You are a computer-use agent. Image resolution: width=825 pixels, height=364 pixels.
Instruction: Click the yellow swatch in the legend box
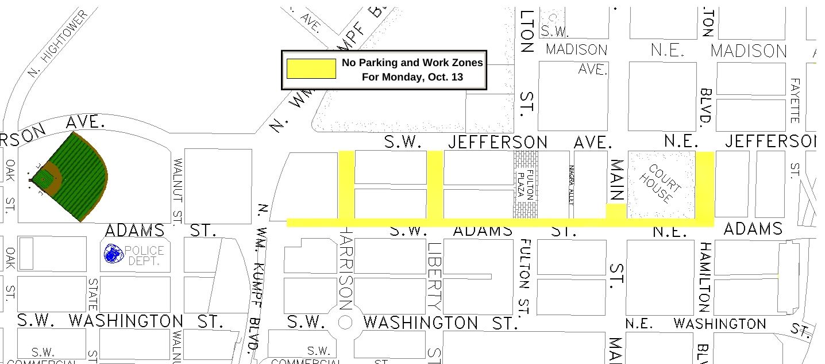pos(311,68)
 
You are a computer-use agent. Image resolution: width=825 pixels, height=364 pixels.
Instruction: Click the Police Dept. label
pos(144,255)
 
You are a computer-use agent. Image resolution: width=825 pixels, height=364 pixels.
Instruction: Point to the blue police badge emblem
pos(113,254)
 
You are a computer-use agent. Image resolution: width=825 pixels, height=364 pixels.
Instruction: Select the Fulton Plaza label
pos(525,184)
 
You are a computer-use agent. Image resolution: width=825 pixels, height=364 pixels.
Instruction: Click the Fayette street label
pos(795,101)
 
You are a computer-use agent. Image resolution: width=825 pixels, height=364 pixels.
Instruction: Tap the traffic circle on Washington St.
pos(345,323)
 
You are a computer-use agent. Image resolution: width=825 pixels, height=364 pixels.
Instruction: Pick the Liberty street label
pos(434,277)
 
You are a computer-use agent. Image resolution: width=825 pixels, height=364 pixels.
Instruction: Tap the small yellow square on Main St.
pos(616,211)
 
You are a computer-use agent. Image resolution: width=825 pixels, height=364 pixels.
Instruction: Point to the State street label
pos(92,294)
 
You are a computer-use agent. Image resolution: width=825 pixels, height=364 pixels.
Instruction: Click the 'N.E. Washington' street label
pos(695,324)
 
